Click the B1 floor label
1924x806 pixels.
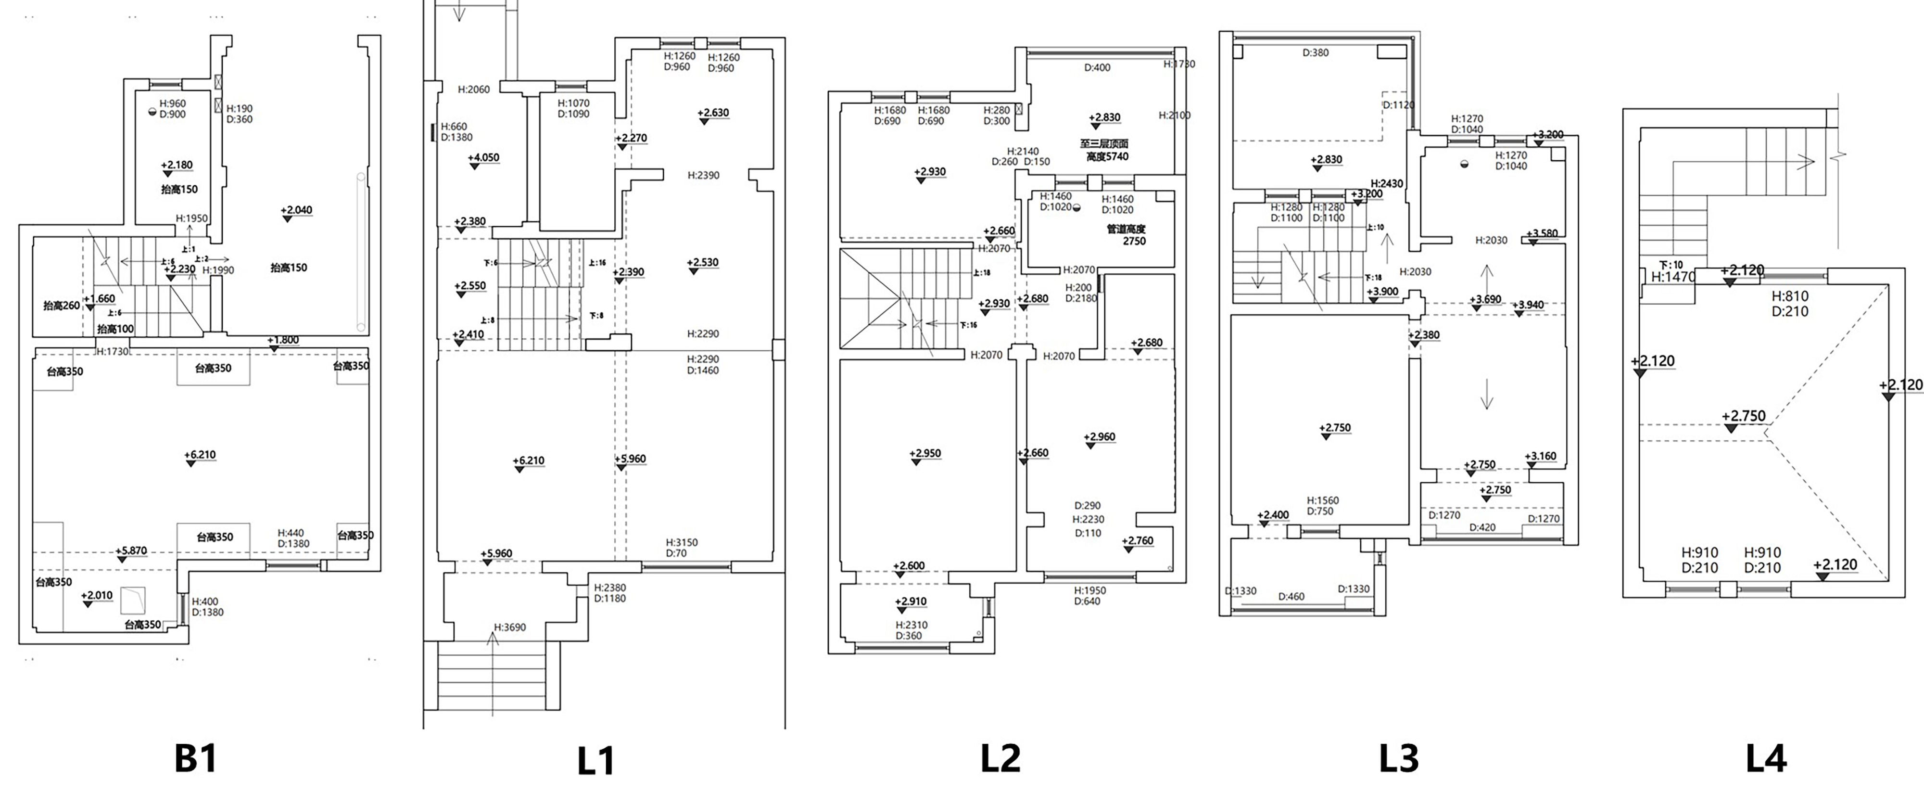click(x=196, y=758)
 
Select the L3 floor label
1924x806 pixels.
click(x=1398, y=758)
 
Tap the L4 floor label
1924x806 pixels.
click(x=1766, y=758)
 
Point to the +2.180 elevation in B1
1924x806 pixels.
click(x=177, y=165)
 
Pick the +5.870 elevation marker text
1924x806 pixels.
click(x=131, y=550)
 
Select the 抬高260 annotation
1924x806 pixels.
click(x=61, y=306)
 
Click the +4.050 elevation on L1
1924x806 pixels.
click(x=483, y=158)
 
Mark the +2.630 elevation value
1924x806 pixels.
click(x=713, y=113)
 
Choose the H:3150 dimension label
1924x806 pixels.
click(x=682, y=542)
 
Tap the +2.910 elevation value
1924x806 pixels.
click(x=911, y=601)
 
